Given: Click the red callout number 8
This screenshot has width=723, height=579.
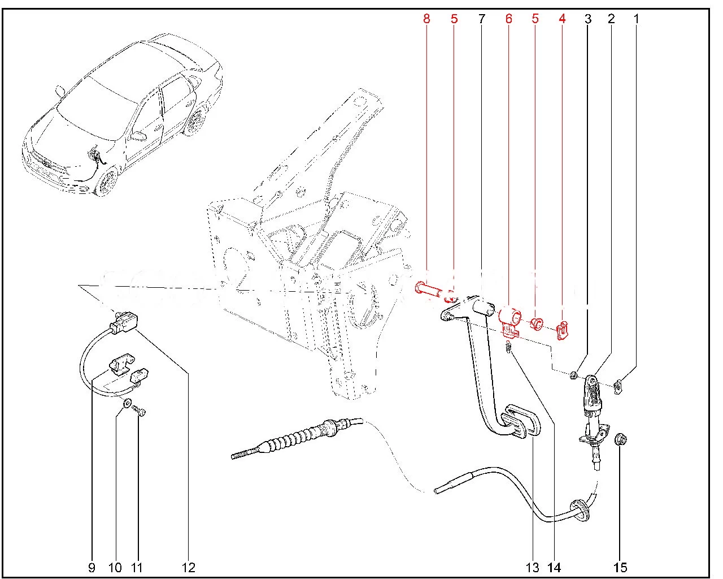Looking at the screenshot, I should (x=426, y=19).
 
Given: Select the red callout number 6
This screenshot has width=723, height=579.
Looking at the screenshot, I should (x=508, y=19).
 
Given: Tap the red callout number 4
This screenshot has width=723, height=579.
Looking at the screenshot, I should (x=562, y=19).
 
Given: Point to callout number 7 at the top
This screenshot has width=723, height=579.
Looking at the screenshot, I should (x=481, y=19).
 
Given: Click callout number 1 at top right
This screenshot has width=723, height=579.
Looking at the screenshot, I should (x=636, y=19).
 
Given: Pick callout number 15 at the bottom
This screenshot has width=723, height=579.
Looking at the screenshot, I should (x=620, y=567).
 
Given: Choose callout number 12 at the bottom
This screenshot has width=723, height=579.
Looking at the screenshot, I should (x=188, y=567).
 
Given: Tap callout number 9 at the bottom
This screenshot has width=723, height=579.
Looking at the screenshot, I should (x=92, y=567).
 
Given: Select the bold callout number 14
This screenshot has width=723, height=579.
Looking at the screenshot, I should (x=554, y=567).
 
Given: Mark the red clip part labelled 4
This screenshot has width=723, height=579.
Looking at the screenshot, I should (x=563, y=331).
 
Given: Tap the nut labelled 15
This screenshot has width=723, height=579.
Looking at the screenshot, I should (x=620, y=439).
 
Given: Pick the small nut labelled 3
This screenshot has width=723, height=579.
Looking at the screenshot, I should (x=573, y=374).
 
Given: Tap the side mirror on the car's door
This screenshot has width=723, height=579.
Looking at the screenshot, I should (x=136, y=136).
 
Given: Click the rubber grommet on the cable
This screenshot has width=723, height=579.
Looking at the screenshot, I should (x=579, y=507).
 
